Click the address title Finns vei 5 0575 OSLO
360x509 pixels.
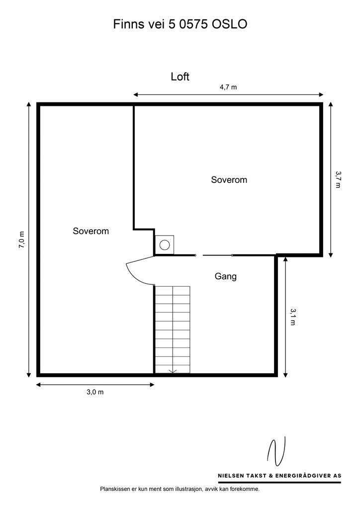[x=180, y=24]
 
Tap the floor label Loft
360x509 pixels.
[x=180, y=77]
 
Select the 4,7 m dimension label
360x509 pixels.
[x=228, y=87]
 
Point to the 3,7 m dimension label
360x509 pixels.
[x=338, y=179]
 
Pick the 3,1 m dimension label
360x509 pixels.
[x=293, y=316]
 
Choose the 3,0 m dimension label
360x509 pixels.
[x=95, y=392]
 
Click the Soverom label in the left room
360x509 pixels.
[x=90, y=231]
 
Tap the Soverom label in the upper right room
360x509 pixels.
[x=229, y=180]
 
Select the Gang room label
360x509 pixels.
[x=225, y=276]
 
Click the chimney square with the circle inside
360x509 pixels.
[x=164, y=244]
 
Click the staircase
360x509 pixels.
[x=172, y=328]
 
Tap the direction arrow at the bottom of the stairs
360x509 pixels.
[x=173, y=370]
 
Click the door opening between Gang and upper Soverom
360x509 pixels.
[x=213, y=255]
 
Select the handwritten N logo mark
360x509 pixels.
[x=276, y=452]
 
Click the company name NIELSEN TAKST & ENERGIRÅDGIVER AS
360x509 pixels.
[x=276, y=476]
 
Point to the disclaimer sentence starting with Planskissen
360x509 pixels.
[x=180, y=489]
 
